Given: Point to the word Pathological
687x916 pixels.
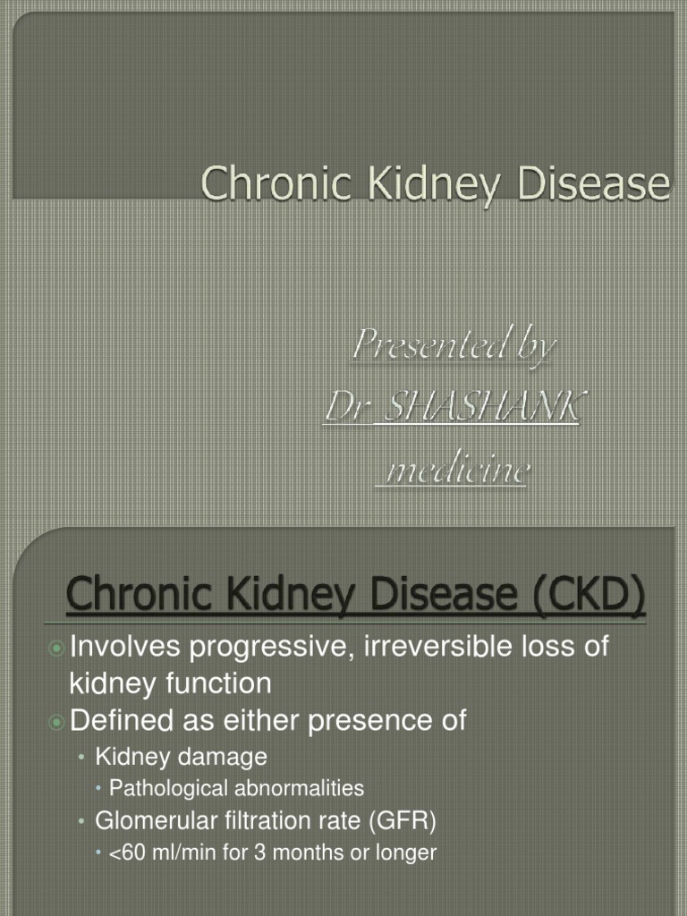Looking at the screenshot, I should pos(166,788).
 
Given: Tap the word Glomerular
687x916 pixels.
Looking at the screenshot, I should pos(152,820).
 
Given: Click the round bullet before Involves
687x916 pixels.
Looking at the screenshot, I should pos(56,648).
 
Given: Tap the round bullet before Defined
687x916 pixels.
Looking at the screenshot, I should pos(56,720).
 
